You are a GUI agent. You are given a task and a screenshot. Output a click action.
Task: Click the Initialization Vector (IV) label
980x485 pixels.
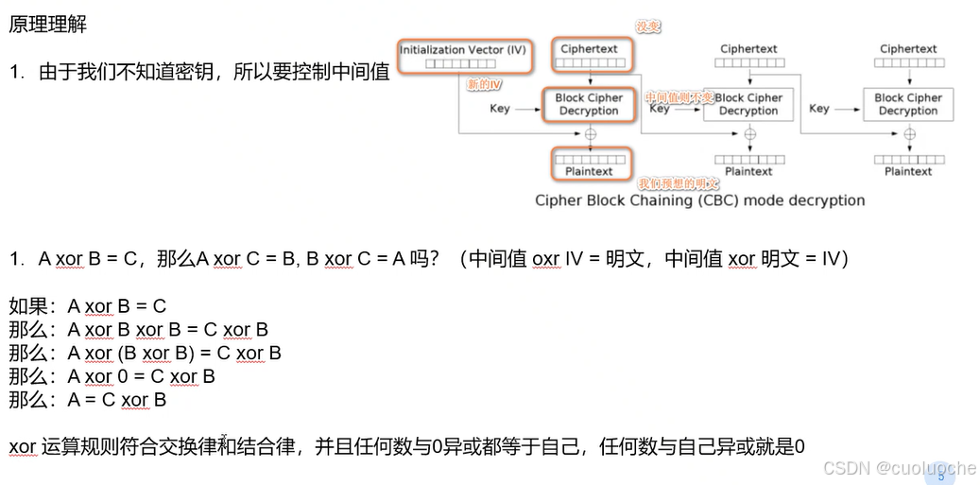pyautogui.click(x=462, y=50)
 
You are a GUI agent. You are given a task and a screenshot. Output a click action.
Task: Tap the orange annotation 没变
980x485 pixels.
pyautogui.click(x=647, y=27)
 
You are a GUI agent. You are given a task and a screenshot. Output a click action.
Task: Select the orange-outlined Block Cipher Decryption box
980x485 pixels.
pyautogui.click(x=589, y=104)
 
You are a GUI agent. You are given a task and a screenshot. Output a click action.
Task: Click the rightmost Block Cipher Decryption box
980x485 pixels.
pyautogui.click(x=908, y=104)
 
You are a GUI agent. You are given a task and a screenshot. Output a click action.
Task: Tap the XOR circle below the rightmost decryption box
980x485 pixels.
pyautogui.click(x=909, y=134)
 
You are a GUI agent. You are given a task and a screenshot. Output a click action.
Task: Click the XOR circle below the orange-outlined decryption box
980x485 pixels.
pyautogui.click(x=591, y=134)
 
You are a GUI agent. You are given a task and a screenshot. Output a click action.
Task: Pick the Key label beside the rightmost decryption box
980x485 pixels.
pyautogui.click(x=819, y=108)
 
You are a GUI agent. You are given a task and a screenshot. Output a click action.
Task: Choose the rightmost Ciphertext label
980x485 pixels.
pyautogui.click(x=908, y=49)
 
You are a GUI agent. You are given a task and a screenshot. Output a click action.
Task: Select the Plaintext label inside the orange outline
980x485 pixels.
pyautogui.click(x=589, y=171)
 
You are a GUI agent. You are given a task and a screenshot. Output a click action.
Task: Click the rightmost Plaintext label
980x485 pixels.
pyautogui.click(x=908, y=171)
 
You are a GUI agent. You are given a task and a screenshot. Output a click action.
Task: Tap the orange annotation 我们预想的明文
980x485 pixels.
pyautogui.click(x=678, y=183)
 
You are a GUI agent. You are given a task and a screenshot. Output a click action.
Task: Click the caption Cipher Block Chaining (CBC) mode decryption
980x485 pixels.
pyautogui.click(x=699, y=200)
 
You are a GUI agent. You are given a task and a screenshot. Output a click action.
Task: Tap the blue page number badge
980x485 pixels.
pyautogui.click(x=940, y=476)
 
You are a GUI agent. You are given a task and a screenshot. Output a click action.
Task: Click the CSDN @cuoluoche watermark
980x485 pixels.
pyautogui.click(x=899, y=468)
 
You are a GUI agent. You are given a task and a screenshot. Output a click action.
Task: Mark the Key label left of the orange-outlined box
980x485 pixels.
pyautogui.click(x=500, y=108)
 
